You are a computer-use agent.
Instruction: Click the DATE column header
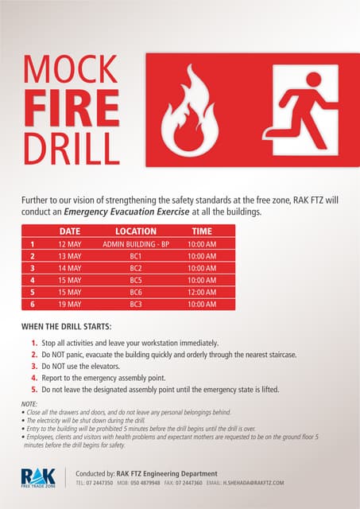(70, 231)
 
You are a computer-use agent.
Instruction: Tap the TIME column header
(202, 231)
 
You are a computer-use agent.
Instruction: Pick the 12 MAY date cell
(70, 244)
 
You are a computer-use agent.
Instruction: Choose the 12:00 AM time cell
(202, 292)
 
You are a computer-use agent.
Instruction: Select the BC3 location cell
(135, 304)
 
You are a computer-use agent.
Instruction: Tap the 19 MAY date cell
(70, 304)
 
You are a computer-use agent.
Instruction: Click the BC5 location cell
(135, 280)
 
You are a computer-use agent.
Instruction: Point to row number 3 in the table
(33, 268)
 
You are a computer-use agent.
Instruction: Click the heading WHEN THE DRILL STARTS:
(66, 327)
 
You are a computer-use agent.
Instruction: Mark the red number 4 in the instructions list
(34, 378)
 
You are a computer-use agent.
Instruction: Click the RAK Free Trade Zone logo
(38, 477)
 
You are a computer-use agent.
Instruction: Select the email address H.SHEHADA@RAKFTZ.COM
(254, 483)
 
